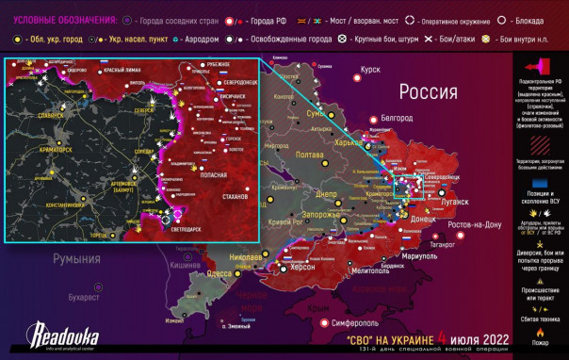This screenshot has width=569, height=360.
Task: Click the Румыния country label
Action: pos(76,257)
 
